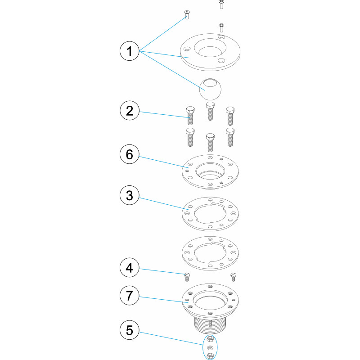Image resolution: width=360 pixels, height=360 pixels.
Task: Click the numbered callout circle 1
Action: click(x=130, y=51)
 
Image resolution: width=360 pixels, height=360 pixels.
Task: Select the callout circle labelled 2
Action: click(x=130, y=110)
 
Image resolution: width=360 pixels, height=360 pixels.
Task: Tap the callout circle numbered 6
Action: click(x=130, y=154)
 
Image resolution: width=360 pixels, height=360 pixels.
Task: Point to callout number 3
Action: click(x=130, y=195)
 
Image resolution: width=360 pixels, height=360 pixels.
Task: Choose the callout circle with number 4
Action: click(x=130, y=267)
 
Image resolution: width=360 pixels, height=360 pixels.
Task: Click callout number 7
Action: click(x=130, y=295)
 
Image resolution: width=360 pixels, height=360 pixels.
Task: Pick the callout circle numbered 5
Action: click(x=130, y=330)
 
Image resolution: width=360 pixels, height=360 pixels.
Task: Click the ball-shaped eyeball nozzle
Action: click(x=210, y=89)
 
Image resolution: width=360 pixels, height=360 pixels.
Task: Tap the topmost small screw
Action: click(x=221, y=4)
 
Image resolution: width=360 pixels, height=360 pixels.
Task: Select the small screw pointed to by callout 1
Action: click(x=187, y=15)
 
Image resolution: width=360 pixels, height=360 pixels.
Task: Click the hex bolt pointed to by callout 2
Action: click(x=190, y=116)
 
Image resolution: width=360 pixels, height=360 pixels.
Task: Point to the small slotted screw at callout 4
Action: click(x=187, y=277)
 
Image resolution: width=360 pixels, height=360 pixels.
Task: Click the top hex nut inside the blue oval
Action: click(x=210, y=339)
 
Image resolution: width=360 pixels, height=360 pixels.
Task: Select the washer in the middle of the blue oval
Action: click(x=210, y=347)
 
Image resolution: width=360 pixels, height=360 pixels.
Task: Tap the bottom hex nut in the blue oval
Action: click(x=210, y=355)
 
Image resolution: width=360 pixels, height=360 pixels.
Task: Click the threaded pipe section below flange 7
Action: click(x=210, y=325)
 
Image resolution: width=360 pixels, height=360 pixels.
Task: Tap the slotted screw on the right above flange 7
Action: click(x=233, y=277)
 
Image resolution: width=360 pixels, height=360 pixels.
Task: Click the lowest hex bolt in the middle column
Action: click(x=210, y=142)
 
